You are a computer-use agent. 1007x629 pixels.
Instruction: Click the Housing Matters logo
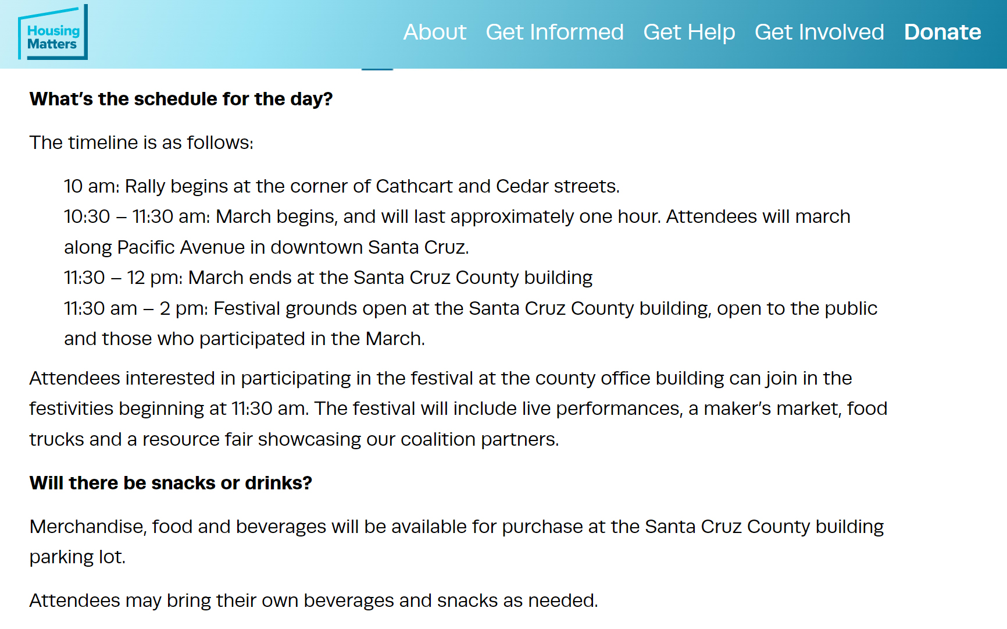[x=53, y=33]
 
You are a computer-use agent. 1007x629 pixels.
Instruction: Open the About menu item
[x=435, y=32]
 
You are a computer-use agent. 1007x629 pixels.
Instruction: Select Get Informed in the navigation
[x=555, y=32]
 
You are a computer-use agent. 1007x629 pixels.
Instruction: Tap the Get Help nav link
[x=689, y=33]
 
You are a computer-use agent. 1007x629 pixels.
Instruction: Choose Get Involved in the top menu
[x=819, y=32]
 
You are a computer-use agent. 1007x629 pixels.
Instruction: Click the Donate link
[x=942, y=32]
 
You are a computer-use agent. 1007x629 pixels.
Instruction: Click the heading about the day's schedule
[x=181, y=99]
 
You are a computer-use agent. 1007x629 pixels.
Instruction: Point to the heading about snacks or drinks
[x=171, y=483]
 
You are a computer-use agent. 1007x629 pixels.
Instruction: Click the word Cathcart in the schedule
[x=414, y=186]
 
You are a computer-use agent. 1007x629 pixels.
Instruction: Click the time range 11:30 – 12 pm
[x=123, y=278]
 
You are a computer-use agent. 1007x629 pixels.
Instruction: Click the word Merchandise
[x=88, y=527]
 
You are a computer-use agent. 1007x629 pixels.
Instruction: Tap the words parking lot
[x=77, y=557]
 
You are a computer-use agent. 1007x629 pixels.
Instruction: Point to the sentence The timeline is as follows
[x=141, y=143]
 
